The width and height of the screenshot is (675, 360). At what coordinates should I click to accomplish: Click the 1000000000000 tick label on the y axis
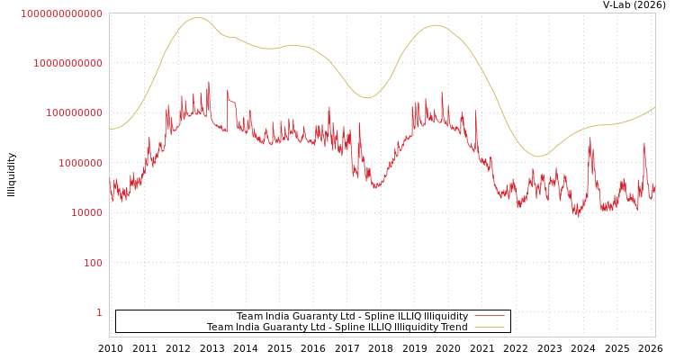[61, 13]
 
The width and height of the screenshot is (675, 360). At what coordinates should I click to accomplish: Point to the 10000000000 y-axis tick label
[67, 63]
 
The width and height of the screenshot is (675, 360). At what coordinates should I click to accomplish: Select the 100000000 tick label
[74, 113]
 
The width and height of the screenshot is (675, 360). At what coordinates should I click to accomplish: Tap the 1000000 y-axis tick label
[80, 163]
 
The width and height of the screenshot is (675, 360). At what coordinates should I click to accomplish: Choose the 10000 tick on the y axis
[86, 213]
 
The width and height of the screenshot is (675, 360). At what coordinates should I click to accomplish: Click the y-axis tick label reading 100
[93, 263]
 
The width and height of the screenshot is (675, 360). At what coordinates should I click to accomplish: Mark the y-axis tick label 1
[99, 312]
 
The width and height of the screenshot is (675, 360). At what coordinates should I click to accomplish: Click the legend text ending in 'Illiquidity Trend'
[337, 328]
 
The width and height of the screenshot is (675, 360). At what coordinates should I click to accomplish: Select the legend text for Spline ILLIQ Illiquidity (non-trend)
[352, 317]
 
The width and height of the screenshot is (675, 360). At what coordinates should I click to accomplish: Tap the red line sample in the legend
[489, 317]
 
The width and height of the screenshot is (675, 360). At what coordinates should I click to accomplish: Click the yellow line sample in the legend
[489, 328]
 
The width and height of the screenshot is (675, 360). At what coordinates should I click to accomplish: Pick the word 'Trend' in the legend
[453, 328]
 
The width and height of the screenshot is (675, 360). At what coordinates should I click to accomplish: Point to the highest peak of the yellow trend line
[198, 17]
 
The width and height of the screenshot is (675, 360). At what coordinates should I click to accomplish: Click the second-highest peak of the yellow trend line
[436, 25]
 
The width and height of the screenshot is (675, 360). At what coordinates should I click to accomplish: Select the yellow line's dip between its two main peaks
[366, 97]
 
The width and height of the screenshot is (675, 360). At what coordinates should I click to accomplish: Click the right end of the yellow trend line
[654, 107]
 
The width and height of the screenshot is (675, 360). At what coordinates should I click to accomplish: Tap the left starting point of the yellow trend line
[110, 129]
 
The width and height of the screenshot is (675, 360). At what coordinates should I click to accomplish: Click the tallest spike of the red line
[209, 82]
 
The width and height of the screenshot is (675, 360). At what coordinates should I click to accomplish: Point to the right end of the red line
[654, 191]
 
